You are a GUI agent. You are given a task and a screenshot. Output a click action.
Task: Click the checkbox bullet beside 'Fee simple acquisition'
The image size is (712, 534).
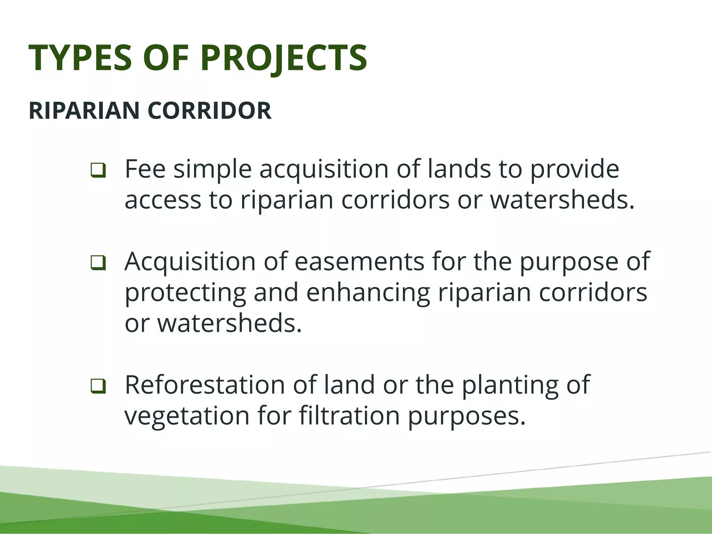[x=98, y=170]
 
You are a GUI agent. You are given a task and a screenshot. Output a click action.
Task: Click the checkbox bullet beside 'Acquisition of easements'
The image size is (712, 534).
[x=98, y=263]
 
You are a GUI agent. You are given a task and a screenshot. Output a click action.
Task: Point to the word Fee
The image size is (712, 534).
[x=145, y=169]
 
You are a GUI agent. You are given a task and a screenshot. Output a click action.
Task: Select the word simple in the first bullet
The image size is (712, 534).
[x=212, y=169]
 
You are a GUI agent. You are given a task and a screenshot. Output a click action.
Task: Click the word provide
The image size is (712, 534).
[x=574, y=169]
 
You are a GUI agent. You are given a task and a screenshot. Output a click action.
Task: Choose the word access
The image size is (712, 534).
[x=163, y=201]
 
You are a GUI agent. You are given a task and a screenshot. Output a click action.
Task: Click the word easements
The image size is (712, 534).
[x=359, y=261]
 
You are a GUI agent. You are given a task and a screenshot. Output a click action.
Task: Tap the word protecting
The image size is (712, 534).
[x=185, y=293]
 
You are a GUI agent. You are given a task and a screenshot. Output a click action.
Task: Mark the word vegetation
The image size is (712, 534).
[x=187, y=416]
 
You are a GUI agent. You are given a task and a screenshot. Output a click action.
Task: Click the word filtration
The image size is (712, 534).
[x=349, y=416]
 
